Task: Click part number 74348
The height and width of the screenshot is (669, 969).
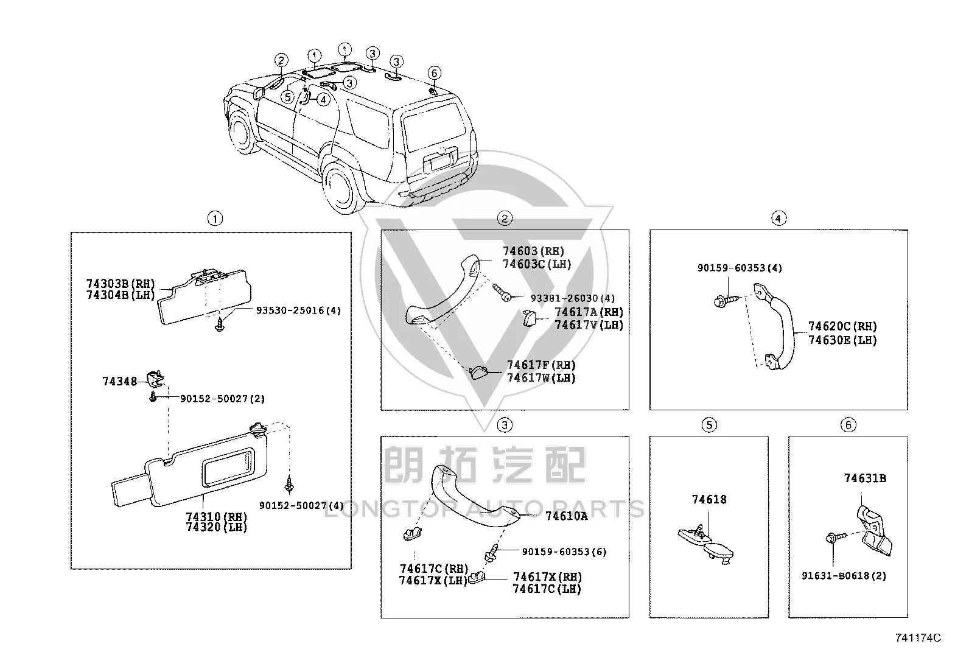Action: [x=119, y=381]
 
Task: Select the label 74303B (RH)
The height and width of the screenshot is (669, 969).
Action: [x=121, y=284]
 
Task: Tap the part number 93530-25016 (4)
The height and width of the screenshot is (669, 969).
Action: [x=298, y=310]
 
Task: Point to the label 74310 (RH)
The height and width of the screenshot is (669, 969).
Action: [x=216, y=516]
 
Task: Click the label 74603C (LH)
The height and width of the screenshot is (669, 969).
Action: [x=537, y=264]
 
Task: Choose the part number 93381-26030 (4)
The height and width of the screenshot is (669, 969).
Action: [x=572, y=298]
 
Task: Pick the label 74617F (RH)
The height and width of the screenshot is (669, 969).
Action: [x=541, y=365]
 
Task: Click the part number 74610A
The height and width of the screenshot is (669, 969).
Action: [x=566, y=516]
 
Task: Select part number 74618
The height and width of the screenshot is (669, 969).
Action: [x=709, y=499]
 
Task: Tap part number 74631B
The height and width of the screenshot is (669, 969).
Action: [x=865, y=478]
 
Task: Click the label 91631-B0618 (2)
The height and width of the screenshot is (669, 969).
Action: [x=844, y=576]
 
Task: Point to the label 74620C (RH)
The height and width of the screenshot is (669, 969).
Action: [x=842, y=326]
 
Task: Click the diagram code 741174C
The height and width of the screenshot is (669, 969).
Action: [x=918, y=638]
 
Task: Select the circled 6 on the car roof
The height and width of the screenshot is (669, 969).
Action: [x=435, y=72]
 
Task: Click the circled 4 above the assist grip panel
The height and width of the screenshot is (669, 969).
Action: [x=778, y=219]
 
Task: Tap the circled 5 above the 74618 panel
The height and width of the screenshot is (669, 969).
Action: [x=709, y=425]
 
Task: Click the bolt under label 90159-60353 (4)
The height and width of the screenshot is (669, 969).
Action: [x=726, y=300]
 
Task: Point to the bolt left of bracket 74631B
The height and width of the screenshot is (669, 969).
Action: [x=836, y=538]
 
